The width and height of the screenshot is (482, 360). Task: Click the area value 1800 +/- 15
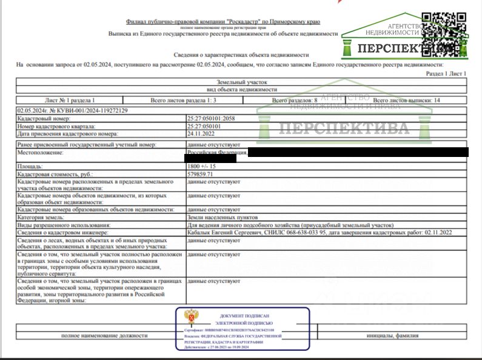tap(202, 166)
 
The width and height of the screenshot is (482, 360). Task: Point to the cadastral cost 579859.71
tap(201, 174)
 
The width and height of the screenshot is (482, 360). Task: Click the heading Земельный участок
tap(241, 82)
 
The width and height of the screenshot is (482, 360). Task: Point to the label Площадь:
tap(30, 166)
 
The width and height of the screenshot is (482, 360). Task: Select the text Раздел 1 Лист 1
tap(446, 73)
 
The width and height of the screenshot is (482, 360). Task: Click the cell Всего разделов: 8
tap(295, 100)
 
